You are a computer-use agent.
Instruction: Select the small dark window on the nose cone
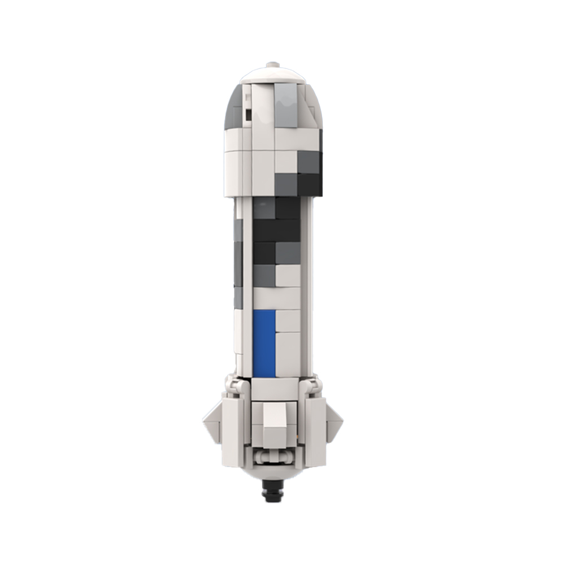pyautogui.click(x=248, y=115)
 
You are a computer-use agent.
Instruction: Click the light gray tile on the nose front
pyautogui.click(x=286, y=106)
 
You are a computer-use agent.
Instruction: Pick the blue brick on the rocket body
pyautogui.click(x=264, y=342)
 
